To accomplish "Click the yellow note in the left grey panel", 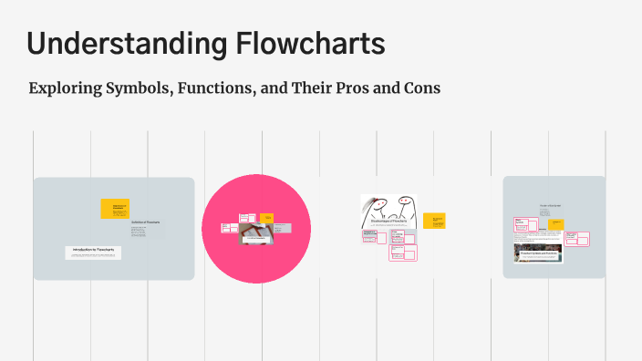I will (x=115, y=209).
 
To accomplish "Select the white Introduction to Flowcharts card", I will (x=93, y=253).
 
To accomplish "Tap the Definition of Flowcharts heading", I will (x=145, y=222).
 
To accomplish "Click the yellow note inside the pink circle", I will (x=267, y=218).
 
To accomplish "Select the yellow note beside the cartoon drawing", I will (x=434, y=221).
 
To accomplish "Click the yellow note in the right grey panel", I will (x=555, y=223).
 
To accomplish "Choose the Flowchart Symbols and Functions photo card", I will (x=538, y=253).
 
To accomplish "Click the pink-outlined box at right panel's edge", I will (x=576, y=239).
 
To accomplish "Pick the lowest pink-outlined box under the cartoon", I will (x=399, y=253).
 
